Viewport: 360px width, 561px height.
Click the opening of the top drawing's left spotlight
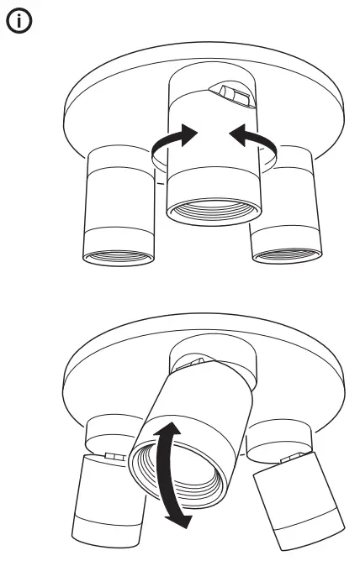[x=118, y=255]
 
